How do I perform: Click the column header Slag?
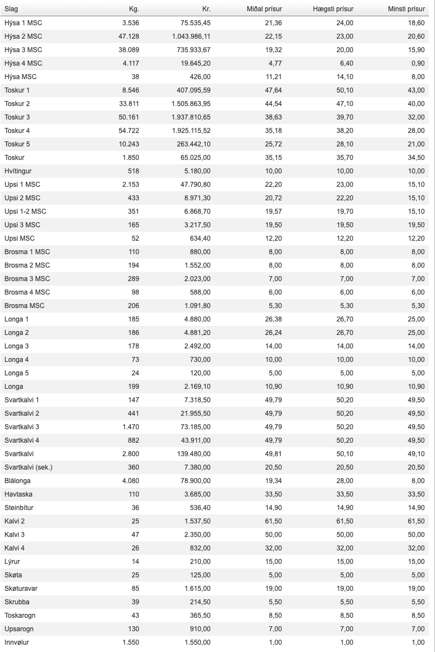[x=11, y=9]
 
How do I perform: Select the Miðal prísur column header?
[x=265, y=9]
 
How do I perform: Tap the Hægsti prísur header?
[x=333, y=9]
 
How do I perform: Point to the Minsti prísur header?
[x=406, y=9]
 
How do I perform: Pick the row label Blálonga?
[x=17, y=481]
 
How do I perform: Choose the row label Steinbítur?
[x=18, y=508]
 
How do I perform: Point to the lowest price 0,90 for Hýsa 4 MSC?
[x=417, y=63]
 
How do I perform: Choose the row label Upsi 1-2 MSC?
[x=25, y=212]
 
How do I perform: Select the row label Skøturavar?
[x=21, y=589]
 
